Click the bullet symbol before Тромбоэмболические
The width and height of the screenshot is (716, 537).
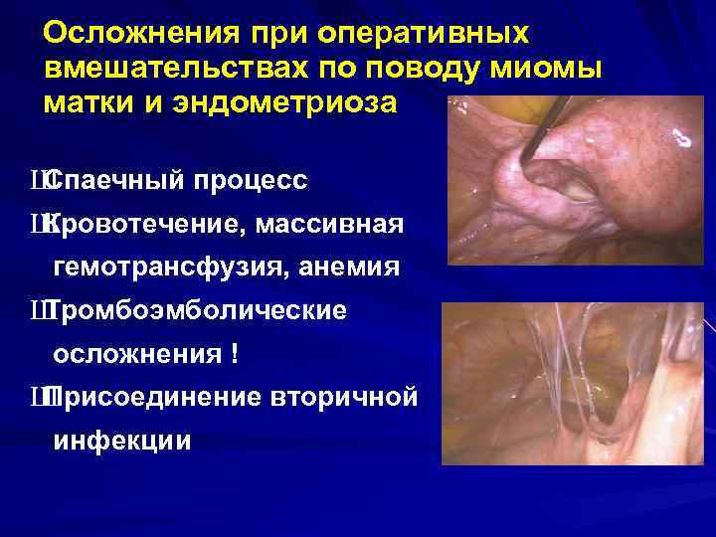38,312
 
